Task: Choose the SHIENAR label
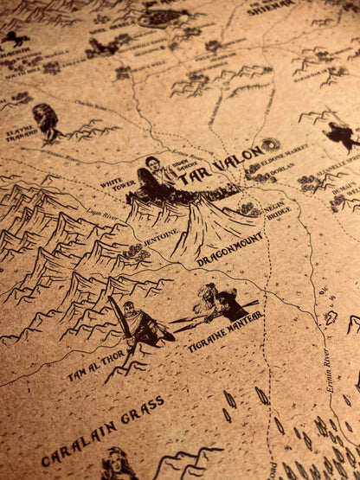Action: (271, 10)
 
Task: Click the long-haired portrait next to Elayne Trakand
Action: (45, 121)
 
